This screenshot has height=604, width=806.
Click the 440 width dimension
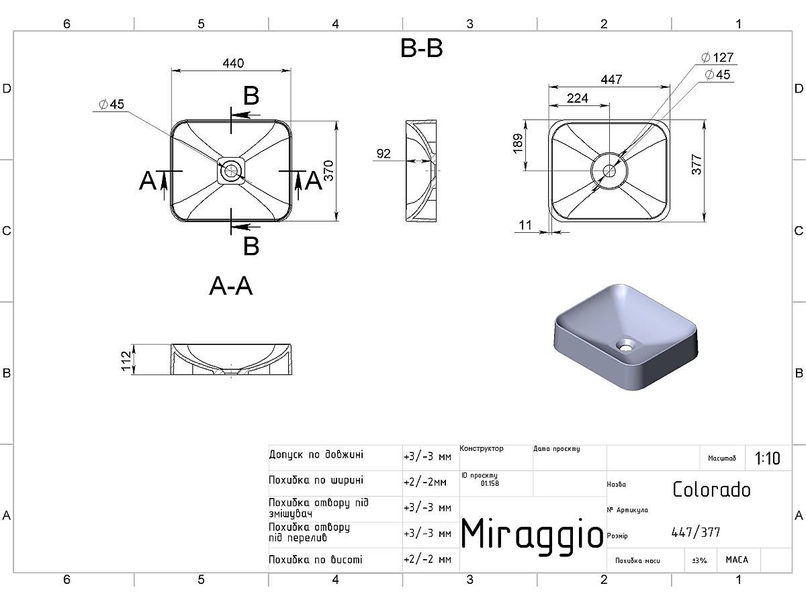click(x=233, y=63)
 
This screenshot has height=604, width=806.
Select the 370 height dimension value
click(x=328, y=170)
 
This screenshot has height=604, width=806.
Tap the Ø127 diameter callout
click(x=717, y=57)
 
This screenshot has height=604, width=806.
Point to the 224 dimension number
click(x=577, y=98)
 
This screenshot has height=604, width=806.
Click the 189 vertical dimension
click(x=517, y=144)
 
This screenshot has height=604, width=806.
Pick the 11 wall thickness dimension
click(x=525, y=225)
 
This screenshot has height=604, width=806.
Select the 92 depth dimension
click(x=384, y=153)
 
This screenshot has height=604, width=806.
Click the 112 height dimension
click(x=126, y=361)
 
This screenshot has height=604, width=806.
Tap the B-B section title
click(x=422, y=48)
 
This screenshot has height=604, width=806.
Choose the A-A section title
click(x=231, y=286)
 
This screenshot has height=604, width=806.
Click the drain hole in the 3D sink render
click(x=625, y=345)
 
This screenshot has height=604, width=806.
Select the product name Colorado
click(x=711, y=490)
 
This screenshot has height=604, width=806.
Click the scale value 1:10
click(x=767, y=458)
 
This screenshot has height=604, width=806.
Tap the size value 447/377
click(x=696, y=532)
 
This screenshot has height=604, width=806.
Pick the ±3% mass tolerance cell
click(x=699, y=560)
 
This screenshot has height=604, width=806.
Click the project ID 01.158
click(x=490, y=483)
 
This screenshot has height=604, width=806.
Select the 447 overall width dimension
click(x=611, y=79)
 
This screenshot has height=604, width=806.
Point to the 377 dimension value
click(x=697, y=164)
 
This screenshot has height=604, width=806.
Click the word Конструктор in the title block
click(x=482, y=448)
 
